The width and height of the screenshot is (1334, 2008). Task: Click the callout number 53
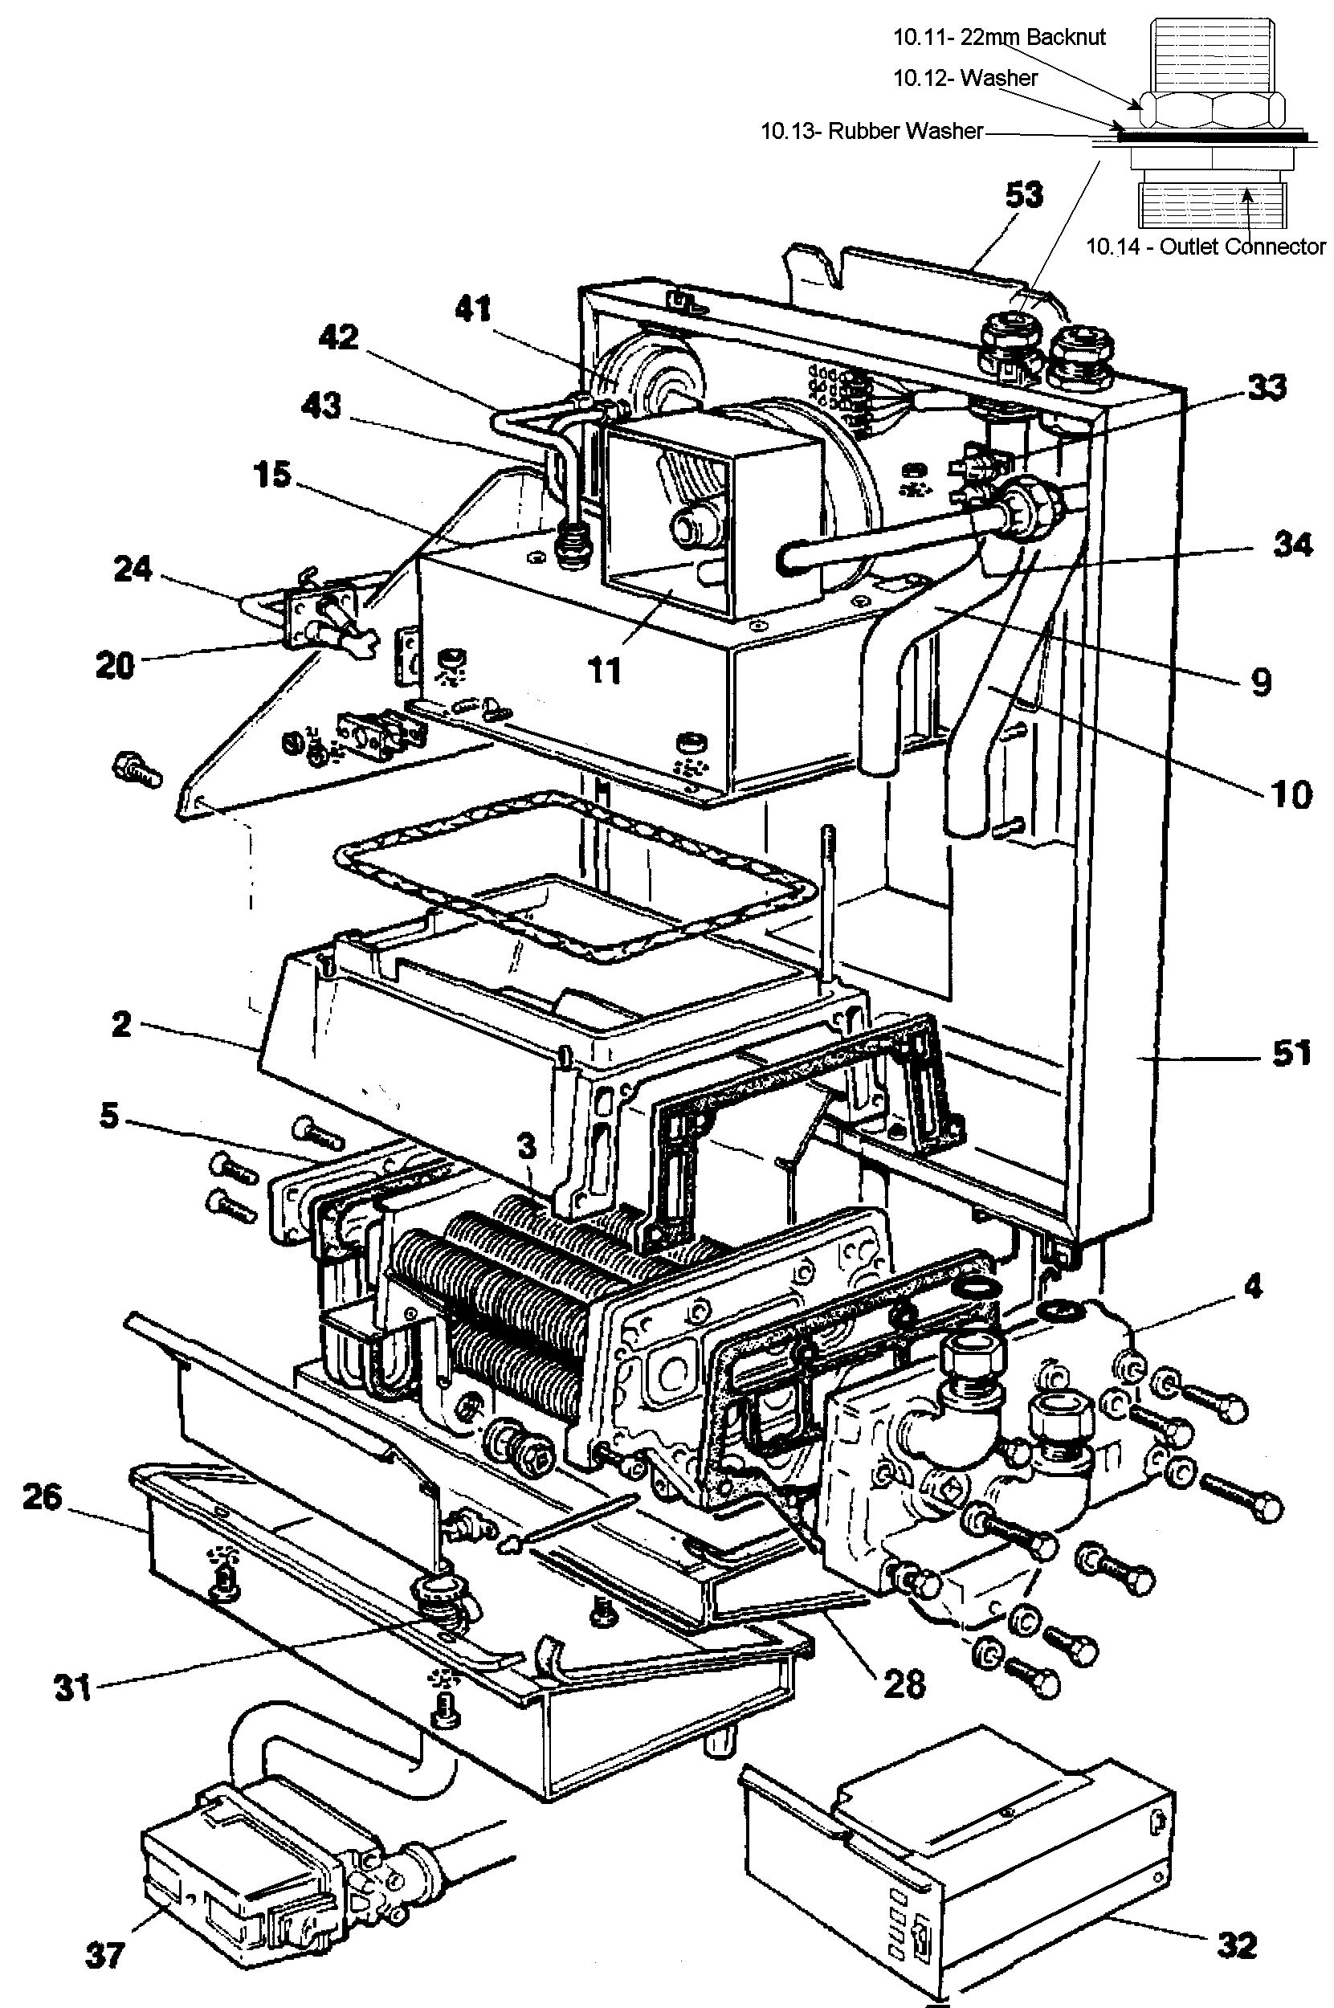point(1022,195)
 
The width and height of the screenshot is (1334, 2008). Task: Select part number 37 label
point(105,1956)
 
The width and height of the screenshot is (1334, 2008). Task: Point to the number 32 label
point(1236,1945)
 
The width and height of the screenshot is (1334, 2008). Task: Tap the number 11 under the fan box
point(605,671)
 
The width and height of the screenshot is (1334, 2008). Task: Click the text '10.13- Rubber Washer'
point(871,132)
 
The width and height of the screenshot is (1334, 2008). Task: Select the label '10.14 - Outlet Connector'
point(1205,247)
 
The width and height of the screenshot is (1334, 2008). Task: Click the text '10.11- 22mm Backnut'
point(999,37)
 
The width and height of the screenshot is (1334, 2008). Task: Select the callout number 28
point(904,1683)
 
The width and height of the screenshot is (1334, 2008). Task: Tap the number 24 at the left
point(133,569)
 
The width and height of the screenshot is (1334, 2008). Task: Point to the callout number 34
point(1292,545)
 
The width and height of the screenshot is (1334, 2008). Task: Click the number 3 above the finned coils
point(528,1147)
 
